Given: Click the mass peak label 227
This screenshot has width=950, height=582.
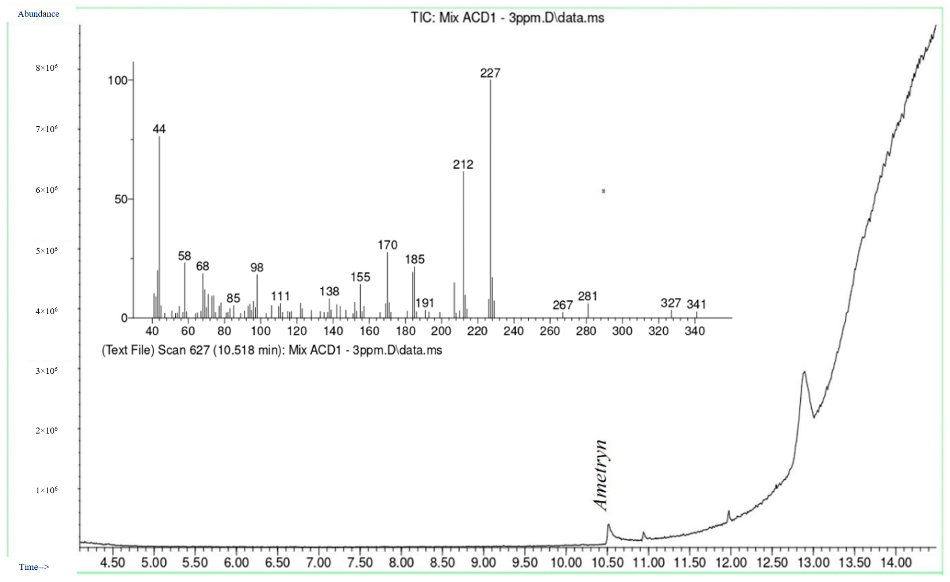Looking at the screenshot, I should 490,73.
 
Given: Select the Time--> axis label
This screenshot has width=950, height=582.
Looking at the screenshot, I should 34,567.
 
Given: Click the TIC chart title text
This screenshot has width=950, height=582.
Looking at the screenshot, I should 507,18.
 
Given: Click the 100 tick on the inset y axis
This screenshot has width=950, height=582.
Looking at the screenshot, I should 118,81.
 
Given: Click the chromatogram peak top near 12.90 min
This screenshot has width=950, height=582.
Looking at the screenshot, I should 804,372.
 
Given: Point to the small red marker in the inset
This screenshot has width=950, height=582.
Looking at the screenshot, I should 603,191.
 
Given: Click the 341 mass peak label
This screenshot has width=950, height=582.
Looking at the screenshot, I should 696,304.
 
